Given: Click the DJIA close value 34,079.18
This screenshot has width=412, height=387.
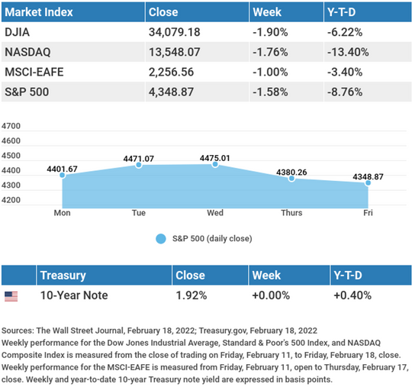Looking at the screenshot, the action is coord(175,32).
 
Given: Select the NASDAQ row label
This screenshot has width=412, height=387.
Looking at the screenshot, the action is coord(27,52).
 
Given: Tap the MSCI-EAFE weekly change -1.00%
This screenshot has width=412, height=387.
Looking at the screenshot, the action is coord(270,72).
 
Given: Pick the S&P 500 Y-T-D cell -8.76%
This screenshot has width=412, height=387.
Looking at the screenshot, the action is coord(345,92).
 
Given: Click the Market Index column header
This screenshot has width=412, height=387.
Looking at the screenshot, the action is coord(39,12).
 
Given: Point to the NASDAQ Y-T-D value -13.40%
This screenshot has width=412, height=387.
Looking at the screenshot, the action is coord(348,52).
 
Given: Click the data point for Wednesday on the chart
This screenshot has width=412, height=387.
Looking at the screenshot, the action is coord(215,164).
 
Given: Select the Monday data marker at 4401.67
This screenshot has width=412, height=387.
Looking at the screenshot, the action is coord(63,175).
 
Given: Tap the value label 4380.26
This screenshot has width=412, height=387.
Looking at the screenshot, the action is coord(291,173).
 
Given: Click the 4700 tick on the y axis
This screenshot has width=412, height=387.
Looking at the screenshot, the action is coord(11,126).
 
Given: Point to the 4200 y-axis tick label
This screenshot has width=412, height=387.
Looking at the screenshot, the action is coord(11,200).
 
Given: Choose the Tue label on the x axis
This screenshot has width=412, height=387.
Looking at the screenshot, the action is coord(139,213).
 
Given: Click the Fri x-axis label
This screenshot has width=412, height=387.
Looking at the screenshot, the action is coord(368,213).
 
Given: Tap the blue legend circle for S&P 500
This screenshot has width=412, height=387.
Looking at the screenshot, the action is coord(161,239).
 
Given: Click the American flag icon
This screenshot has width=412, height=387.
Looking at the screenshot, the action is coord(11,296).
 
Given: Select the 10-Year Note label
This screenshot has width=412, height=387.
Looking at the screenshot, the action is coord(74,295).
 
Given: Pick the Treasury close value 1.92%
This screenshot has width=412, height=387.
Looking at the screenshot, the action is coord(192,295).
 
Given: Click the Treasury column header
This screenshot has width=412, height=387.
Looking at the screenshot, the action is coord(63,276).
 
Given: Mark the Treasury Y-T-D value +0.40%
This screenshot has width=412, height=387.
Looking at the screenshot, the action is coord(352,295).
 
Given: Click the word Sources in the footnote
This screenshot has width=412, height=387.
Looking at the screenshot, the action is coord(18,331).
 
